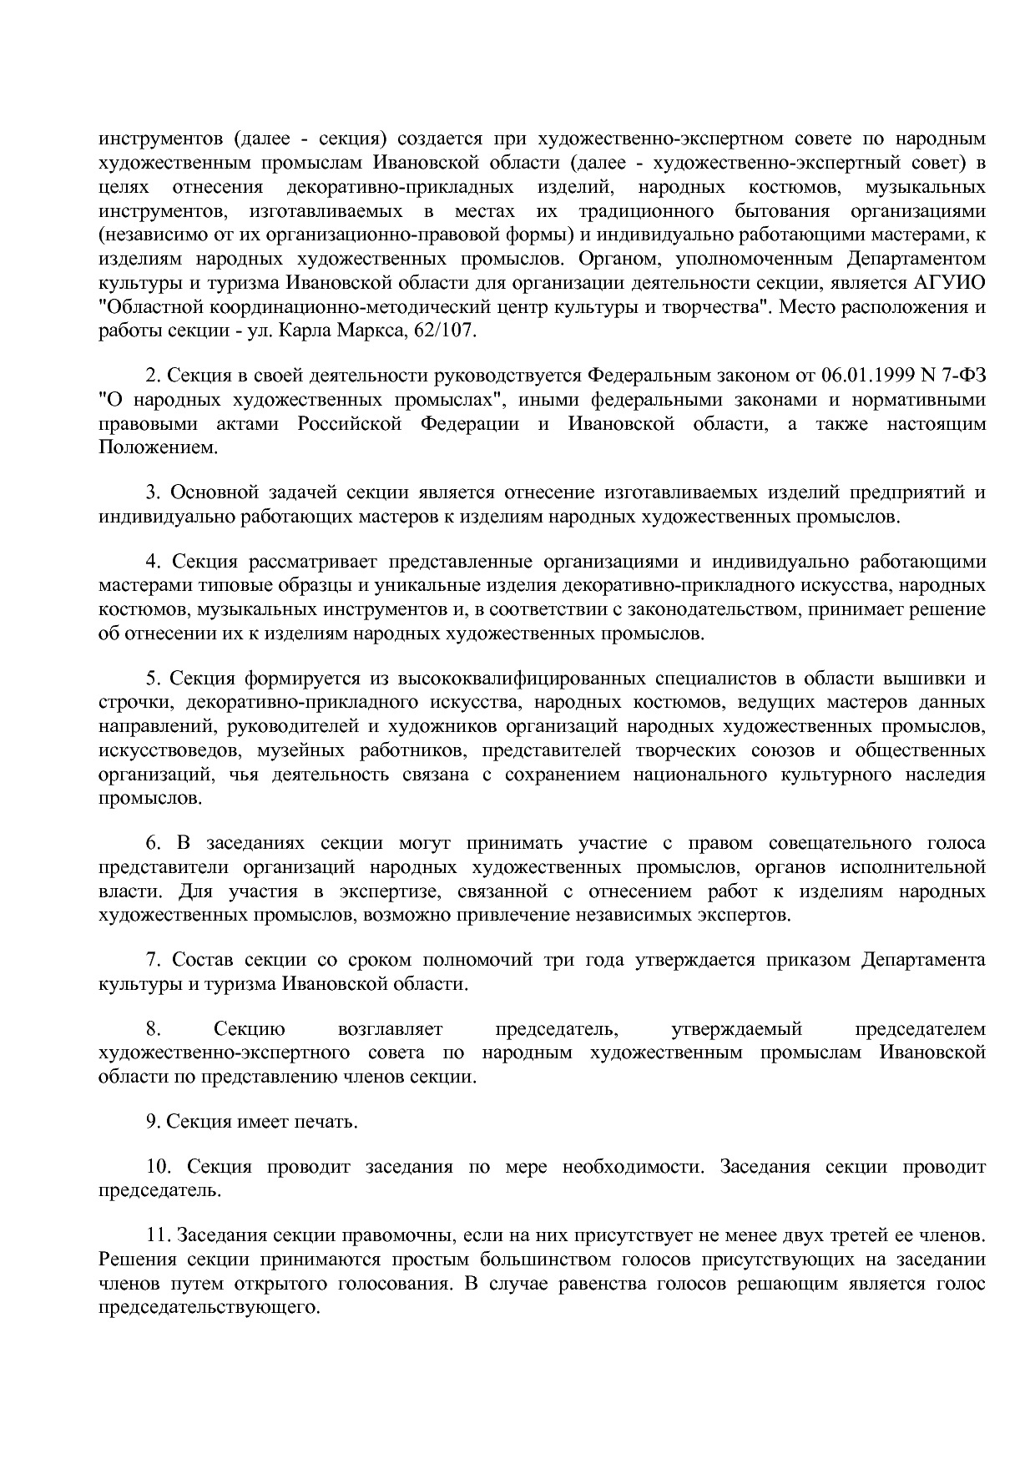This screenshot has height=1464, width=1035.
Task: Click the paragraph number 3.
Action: (x=151, y=492)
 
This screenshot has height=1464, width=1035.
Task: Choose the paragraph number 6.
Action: (x=151, y=843)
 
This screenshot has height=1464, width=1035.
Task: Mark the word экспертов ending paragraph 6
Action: (x=745, y=916)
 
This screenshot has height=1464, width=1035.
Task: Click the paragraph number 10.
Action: (x=156, y=1166)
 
